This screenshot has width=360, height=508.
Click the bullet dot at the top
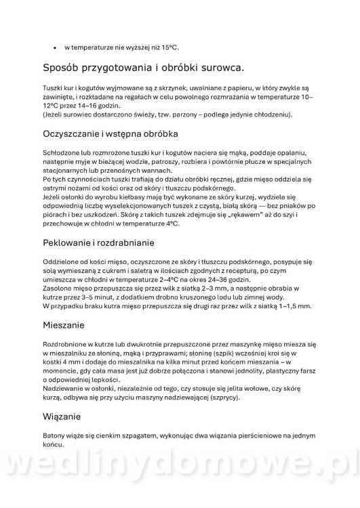tap(54, 47)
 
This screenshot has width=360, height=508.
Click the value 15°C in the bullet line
tap(169, 47)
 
